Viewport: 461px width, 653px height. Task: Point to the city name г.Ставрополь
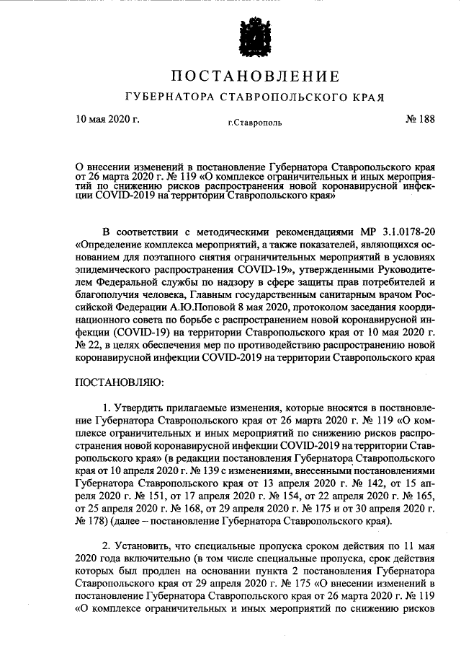point(256,123)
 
